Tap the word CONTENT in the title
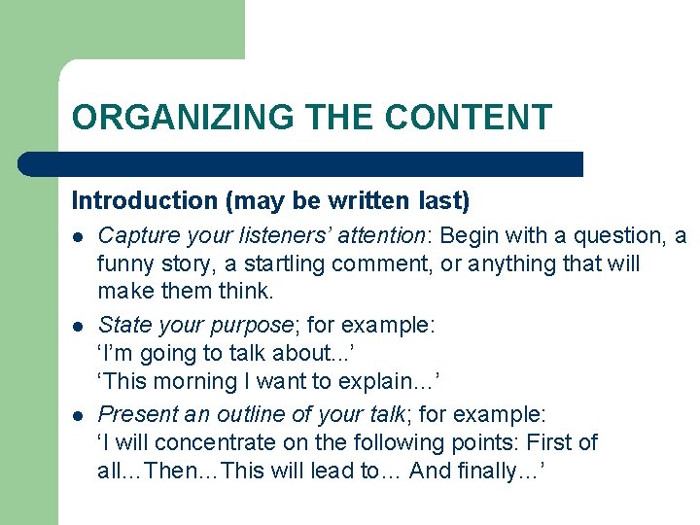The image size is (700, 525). [x=468, y=118]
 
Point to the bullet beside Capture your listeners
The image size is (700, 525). [x=78, y=236]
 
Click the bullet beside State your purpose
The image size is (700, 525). [x=78, y=325]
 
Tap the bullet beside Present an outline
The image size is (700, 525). [x=78, y=414]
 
